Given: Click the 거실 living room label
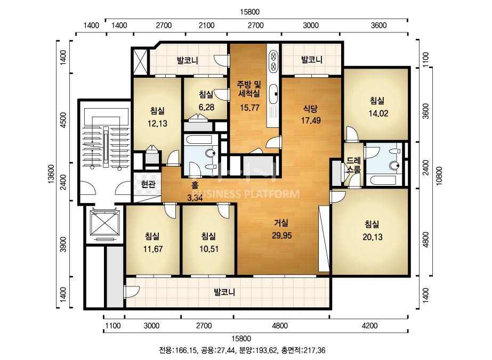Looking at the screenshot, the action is point(281,223).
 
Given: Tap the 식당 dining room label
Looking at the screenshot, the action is point(310,109).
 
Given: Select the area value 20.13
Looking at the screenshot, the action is point(373,237).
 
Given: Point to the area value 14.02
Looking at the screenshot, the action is point(378,113).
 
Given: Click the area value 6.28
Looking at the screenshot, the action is point(206,107).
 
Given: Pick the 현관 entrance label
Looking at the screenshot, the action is point(148,184).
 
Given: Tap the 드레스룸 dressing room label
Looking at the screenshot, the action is point(353,165).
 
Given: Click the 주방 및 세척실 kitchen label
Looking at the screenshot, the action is point(249,89).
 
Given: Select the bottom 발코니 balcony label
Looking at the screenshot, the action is point(224,292).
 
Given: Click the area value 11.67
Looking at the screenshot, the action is point(153,249).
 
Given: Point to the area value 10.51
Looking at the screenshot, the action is point(209,249).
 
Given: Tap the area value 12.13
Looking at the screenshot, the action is point(158,124).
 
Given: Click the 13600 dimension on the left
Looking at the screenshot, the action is point(52,174).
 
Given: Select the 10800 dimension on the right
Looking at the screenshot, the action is point(439,176).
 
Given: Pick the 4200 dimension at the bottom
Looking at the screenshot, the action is point(369,326).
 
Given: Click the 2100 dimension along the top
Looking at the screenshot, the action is point(207,26).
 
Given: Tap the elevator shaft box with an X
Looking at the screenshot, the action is point(105,222).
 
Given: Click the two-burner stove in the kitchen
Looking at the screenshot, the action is point(273,61).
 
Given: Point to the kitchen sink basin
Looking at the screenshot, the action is point(273,93).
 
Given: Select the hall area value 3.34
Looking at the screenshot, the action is point(195,198).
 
